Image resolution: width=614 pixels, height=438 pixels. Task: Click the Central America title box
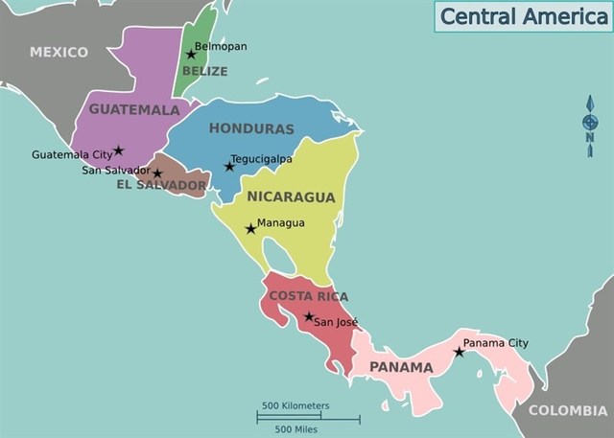click(523, 16)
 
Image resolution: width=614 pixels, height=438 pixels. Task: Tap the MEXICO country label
click(59, 52)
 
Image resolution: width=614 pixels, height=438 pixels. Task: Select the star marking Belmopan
click(191, 55)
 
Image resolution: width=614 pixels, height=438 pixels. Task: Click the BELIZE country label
click(205, 71)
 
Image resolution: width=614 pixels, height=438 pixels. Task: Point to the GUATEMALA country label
click(134, 109)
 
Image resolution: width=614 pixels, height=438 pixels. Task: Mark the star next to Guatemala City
click(119, 150)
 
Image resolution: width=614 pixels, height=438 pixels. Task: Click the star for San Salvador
click(157, 173)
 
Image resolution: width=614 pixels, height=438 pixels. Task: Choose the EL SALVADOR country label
click(161, 185)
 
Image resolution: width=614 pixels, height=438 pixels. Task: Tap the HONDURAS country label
click(251, 128)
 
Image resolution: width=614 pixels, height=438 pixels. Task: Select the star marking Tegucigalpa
click(229, 167)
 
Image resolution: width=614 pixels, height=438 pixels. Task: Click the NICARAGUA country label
click(292, 197)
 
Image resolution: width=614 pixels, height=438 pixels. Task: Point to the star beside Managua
click(250, 229)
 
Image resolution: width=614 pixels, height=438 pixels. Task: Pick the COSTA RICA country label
click(308, 296)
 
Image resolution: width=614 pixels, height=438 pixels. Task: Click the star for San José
click(308, 317)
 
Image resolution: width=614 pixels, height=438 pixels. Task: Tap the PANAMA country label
click(401, 367)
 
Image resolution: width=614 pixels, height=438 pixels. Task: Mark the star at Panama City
click(459, 353)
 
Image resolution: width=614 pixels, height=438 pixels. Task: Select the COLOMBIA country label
click(568, 410)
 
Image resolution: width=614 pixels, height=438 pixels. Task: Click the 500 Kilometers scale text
click(295, 405)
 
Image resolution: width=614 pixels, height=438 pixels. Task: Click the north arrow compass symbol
click(590, 126)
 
